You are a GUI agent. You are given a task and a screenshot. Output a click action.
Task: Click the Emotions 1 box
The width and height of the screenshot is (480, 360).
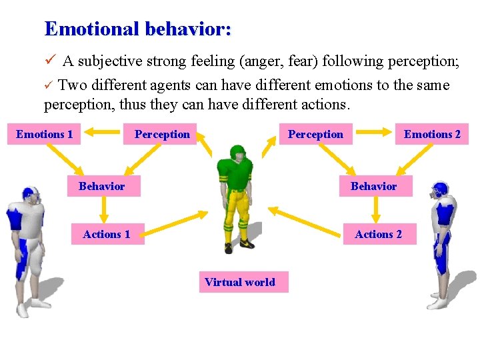pyautogui.click(x=45, y=135)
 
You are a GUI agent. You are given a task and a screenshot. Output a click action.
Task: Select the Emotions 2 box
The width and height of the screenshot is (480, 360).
pyautogui.click(x=432, y=135)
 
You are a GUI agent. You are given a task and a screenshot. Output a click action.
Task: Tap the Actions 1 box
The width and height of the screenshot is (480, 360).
pyautogui.click(x=107, y=235)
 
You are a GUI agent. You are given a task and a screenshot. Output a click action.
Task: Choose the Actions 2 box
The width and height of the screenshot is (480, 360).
pyautogui.click(x=379, y=235)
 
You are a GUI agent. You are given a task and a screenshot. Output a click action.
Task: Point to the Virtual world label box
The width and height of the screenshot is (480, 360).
pyautogui.click(x=240, y=282)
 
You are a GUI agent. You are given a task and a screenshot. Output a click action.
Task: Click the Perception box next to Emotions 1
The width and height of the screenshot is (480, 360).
pyautogui.click(x=162, y=135)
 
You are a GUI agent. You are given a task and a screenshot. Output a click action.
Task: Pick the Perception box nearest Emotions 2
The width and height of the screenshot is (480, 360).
pyautogui.click(x=315, y=135)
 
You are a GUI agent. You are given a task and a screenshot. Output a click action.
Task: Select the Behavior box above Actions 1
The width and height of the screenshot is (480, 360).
pyautogui.click(x=102, y=186)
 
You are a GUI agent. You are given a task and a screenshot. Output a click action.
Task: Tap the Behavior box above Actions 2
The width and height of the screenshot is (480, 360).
pyautogui.click(x=373, y=186)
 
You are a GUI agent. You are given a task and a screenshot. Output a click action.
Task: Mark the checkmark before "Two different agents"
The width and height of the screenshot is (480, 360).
pyautogui.click(x=48, y=86)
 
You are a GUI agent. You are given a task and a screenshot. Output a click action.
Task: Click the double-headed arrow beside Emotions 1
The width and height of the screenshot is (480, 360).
pyautogui.click(x=101, y=134)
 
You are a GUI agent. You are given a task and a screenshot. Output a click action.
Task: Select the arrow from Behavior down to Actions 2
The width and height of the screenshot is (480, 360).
pyautogui.click(x=375, y=210)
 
